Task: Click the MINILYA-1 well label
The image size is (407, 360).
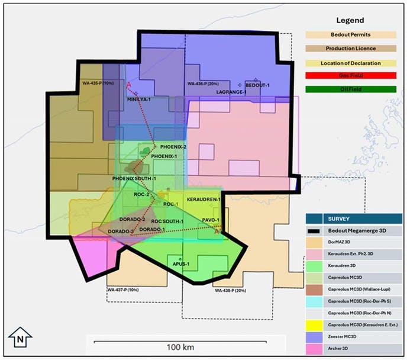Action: [x=139, y=99]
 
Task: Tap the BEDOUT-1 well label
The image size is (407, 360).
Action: [x=257, y=85]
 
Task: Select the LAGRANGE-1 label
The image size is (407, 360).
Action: [x=231, y=92]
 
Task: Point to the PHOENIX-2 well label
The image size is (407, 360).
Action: [x=173, y=147]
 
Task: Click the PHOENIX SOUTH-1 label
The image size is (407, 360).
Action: [x=134, y=178]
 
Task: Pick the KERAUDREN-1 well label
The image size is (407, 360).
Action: [x=204, y=200]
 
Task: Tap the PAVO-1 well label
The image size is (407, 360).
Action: [x=211, y=220]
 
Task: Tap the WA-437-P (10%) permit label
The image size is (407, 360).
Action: [x=123, y=290]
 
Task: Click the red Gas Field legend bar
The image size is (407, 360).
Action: [x=351, y=75]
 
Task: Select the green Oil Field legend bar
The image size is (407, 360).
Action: [x=351, y=89]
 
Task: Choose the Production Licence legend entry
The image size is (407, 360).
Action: [x=351, y=49]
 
